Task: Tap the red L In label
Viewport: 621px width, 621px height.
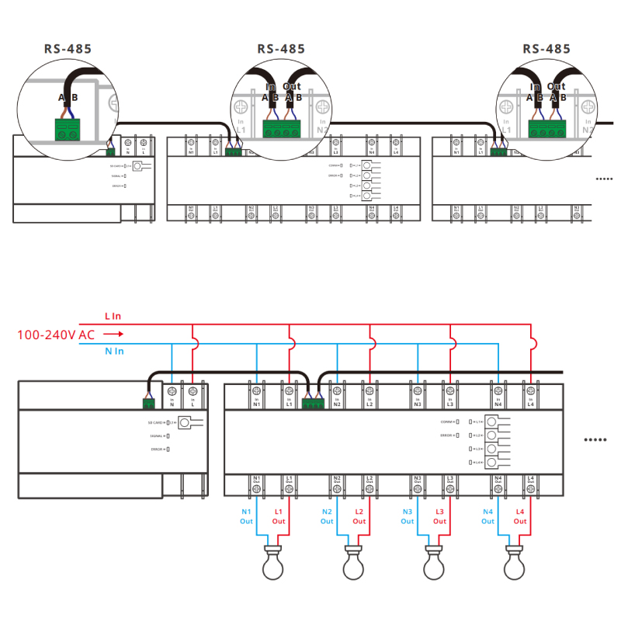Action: pos(113,317)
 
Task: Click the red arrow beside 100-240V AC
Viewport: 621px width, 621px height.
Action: pos(113,335)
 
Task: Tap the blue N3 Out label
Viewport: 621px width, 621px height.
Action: pos(408,516)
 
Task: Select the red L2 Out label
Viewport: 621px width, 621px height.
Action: pos(359,516)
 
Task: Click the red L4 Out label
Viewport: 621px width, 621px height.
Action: pos(519,516)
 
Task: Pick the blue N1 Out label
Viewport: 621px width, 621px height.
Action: pos(247,516)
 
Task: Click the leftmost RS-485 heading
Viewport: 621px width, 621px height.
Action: pos(68,49)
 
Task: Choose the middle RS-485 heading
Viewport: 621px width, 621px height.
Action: pos(281,49)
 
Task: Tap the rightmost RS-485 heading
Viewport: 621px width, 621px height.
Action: pos(546,49)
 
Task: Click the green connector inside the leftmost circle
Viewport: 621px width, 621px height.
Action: pos(68,129)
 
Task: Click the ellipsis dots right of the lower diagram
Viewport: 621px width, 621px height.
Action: pos(595,440)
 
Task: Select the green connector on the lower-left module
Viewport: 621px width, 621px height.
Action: pos(148,402)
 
